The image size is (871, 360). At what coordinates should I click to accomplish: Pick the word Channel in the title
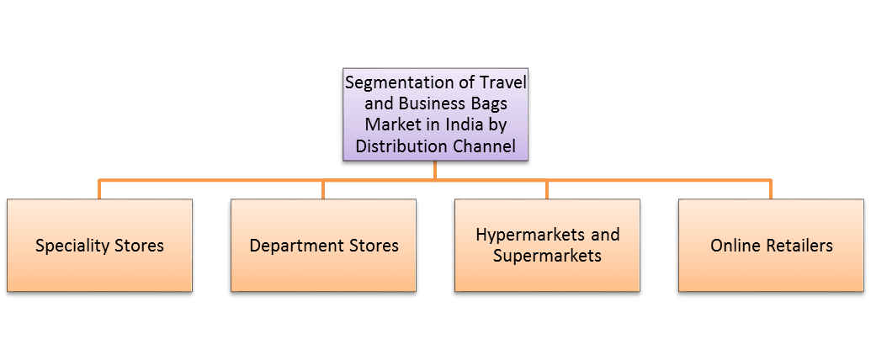click(x=486, y=146)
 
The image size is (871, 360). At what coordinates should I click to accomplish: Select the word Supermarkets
click(x=547, y=255)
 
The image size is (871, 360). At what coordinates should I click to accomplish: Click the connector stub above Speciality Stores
click(x=99, y=189)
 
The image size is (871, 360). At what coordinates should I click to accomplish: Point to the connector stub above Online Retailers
click(x=770, y=189)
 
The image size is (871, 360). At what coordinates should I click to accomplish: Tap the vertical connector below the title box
click(x=435, y=170)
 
